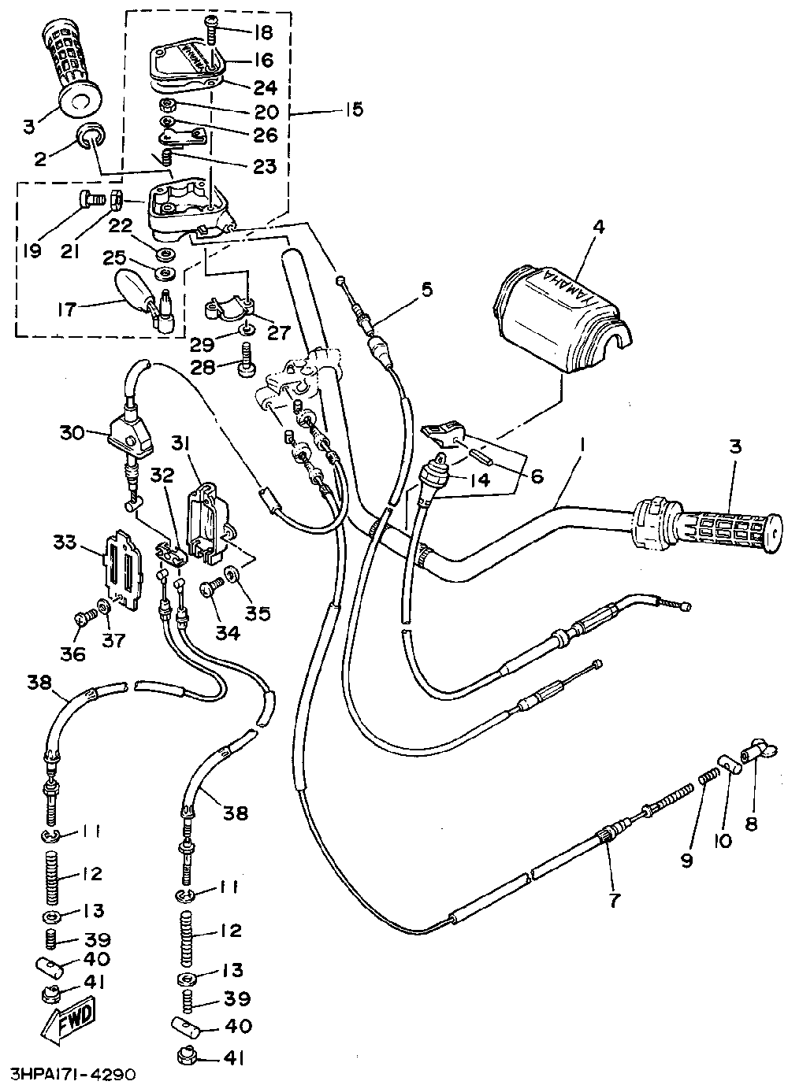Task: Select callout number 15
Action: coord(354,109)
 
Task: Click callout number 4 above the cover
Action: coord(600,228)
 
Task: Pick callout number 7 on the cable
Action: coord(614,900)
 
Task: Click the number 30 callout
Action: coord(72,432)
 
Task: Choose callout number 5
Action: coord(426,290)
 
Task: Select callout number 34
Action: coord(227,632)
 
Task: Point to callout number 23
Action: coord(264,166)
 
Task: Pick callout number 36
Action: coord(72,654)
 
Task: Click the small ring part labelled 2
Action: coord(89,135)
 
